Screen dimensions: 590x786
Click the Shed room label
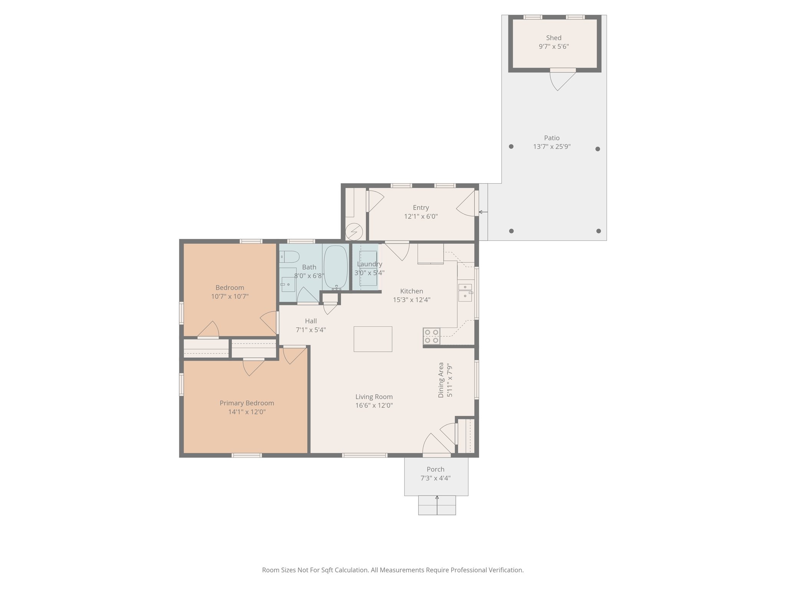coord(553,38)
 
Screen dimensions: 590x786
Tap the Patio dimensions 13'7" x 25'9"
coord(552,147)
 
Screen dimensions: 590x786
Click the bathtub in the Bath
coord(336,267)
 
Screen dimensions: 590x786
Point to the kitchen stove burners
coord(431,336)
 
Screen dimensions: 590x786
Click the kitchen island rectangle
coord(373,339)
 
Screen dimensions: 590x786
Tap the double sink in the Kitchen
coord(465,293)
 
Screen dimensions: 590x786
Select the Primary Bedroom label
coord(247,403)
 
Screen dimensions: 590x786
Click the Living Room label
coord(374,397)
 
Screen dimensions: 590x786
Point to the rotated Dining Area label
coord(441,380)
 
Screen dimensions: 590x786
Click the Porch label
coord(435,469)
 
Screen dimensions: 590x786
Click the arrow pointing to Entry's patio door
coord(483,212)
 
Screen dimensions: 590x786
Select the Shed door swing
coord(561,81)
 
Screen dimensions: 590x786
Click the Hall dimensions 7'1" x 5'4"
coord(310,330)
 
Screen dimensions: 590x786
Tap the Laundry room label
coord(369,264)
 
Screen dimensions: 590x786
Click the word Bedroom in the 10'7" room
coord(230,288)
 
